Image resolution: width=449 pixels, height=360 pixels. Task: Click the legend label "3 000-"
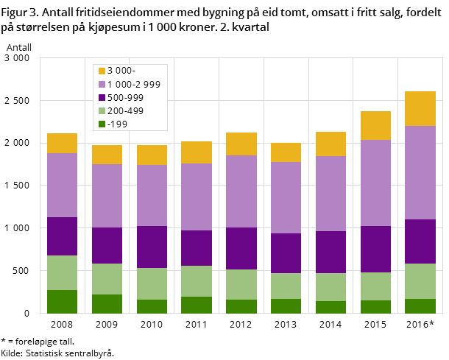(x=121, y=71)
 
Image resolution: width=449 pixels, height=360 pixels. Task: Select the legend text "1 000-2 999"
(x=134, y=84)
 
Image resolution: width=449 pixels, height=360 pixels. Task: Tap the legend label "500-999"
(x=126, y=97)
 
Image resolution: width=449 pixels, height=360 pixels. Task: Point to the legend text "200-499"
(x=126, y=110)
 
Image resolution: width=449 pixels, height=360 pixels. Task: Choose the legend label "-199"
(x=118, y=124)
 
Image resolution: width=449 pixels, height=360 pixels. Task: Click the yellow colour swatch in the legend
(x=102, y=71)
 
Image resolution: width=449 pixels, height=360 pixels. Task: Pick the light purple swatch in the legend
(x=102, y=84)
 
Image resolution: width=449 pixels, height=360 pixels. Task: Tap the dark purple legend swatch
(x=102, y=97)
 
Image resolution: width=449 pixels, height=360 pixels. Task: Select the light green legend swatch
(x=102, y=110)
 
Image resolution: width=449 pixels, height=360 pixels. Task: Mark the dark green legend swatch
(x=102, y=124)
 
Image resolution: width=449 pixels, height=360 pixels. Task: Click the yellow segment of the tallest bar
(x=420, y=108)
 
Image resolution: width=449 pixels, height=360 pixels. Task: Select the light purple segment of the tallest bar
(x=420, y=172)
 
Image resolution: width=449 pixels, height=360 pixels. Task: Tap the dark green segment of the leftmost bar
(x=62, y=301)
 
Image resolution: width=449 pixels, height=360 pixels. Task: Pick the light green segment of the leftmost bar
(x=62, y=272)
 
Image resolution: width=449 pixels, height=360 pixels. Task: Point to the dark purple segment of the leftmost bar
(x=62, y=236)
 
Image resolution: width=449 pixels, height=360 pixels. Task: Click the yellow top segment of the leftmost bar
(x=62, y=143)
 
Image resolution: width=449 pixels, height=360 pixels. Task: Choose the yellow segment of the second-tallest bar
(x=375, y=125)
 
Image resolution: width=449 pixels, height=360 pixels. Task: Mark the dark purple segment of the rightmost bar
(x=420, y=241)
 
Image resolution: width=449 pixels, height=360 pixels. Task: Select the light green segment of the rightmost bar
(x=420, y=281)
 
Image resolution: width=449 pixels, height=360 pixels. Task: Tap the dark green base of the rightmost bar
(x=420, y=306)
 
